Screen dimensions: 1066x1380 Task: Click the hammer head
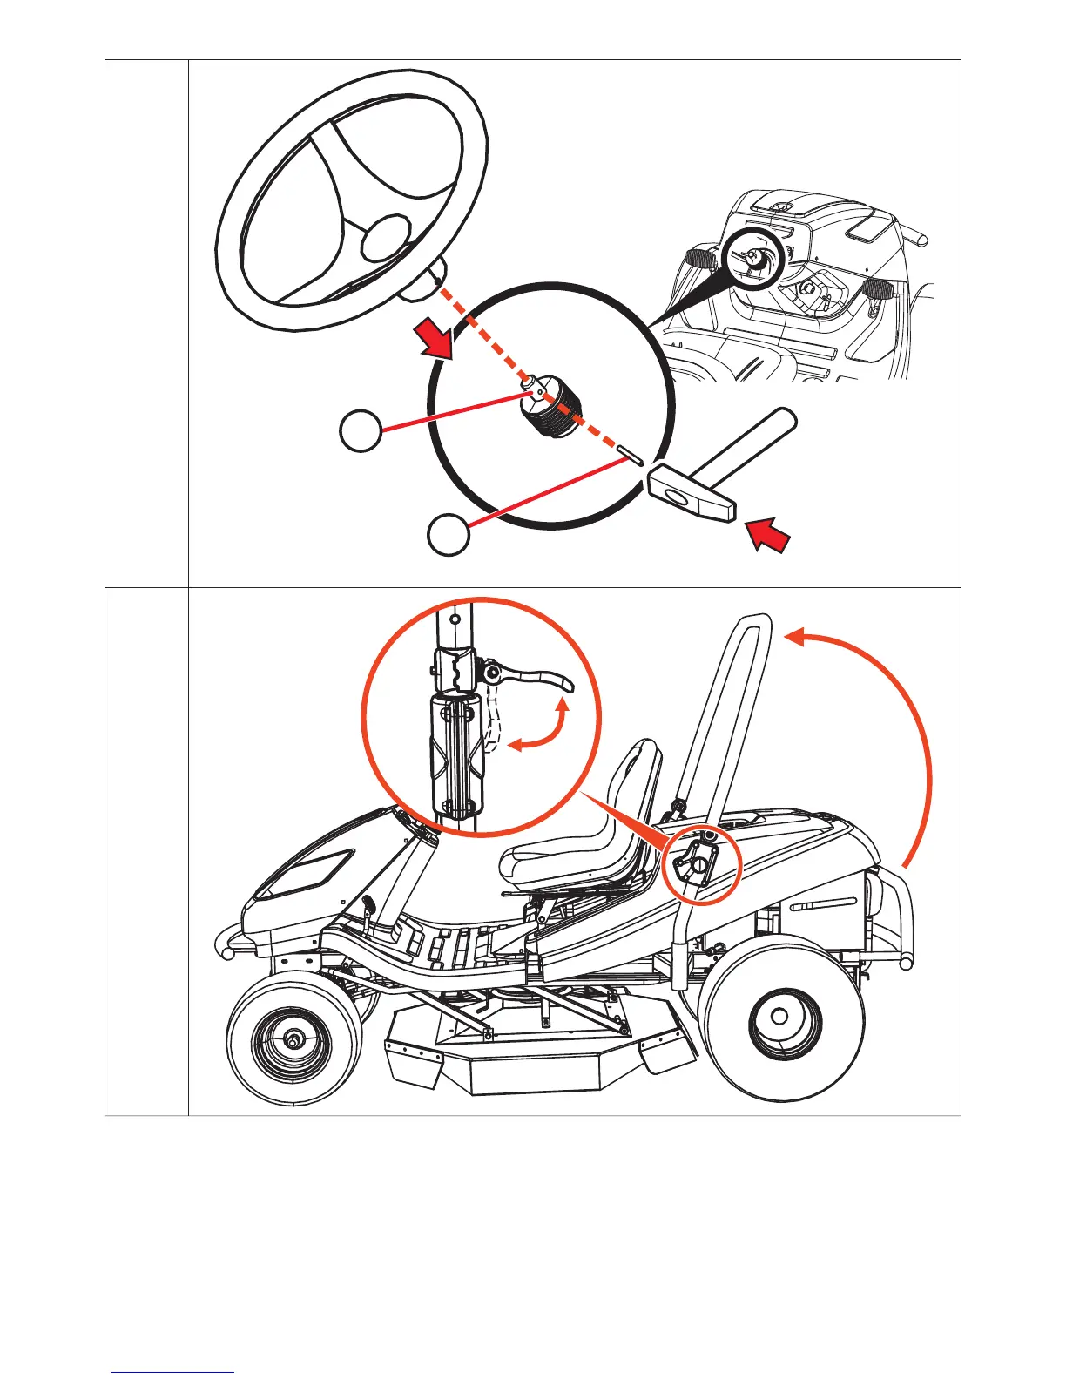pyautogui.click(x=692, y=493)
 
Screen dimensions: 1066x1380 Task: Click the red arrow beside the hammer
pyautogui.click(x=769, y=533)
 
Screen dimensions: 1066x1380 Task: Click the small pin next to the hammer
pyautogui.click(x=629, y=454)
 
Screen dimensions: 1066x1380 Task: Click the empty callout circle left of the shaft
pyautogui.click(x=360, y=430)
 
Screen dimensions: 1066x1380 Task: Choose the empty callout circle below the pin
pyautogui.click(x=449, y=535)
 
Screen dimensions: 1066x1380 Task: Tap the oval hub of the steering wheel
pyautogui.click(x=386, y=238)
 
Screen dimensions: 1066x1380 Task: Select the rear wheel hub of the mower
pyautogui.click(x=780, y=1017)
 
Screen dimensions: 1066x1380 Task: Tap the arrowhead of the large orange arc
pyautogui.click(x=796, y=639)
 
